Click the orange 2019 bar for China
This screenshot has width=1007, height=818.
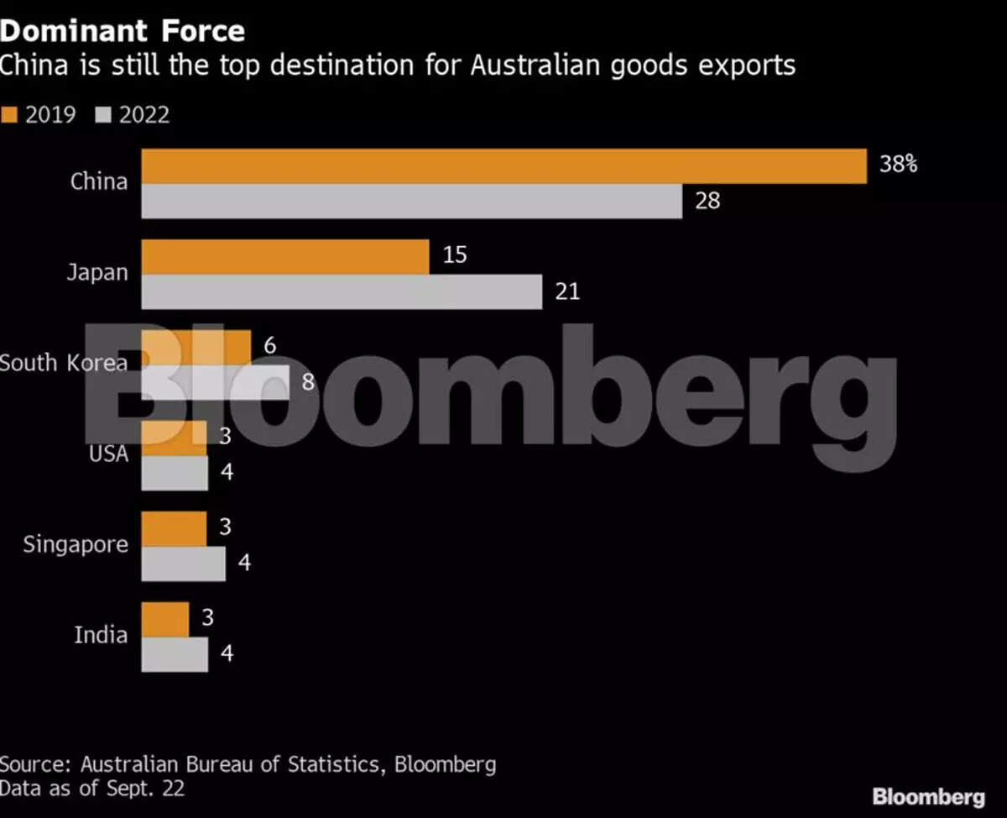[503, 165]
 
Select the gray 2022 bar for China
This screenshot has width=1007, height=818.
[411, 202]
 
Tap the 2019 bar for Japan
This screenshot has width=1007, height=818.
[284, 256]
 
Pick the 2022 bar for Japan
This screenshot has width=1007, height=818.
[342, 292]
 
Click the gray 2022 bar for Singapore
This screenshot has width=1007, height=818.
[183, 564]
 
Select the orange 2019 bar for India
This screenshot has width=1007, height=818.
[165, 619]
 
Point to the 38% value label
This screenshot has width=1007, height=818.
[898, 164]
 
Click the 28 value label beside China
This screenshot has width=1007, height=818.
[707, 202]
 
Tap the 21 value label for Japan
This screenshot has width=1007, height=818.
[567, 292]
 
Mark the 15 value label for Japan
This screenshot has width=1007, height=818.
[454, 254]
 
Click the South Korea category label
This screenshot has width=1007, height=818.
[64, 363]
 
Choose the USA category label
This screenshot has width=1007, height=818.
[108, 454]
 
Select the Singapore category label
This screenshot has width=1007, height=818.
[76, 544]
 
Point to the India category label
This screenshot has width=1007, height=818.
[101, 635]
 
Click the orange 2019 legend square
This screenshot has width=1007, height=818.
[10, 114]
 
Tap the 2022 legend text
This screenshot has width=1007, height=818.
[144, 114]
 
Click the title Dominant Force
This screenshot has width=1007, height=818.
[123, 31]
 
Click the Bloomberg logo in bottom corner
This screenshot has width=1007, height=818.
[928, 796]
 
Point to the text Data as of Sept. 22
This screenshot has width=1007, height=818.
[92, 788]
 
